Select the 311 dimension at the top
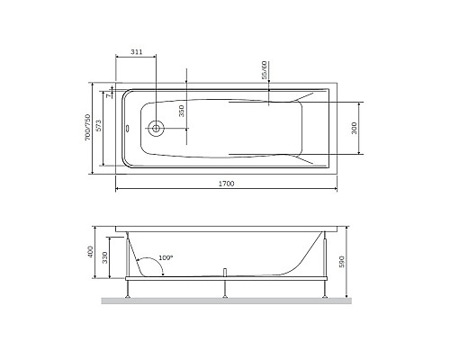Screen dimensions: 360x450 pyautogui.click(x=136, y=53)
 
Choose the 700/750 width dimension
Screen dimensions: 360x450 pyautogui.click(x=87, y=128)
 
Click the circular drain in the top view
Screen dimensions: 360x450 pyautogui.click(x=156, y=129)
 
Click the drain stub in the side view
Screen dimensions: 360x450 pyautogui.click(x=223, y=272)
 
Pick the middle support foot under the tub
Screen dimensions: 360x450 pyautogui.click(x=223, y=288)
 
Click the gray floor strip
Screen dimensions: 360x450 pyautogui.click(x=225, y=300)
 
